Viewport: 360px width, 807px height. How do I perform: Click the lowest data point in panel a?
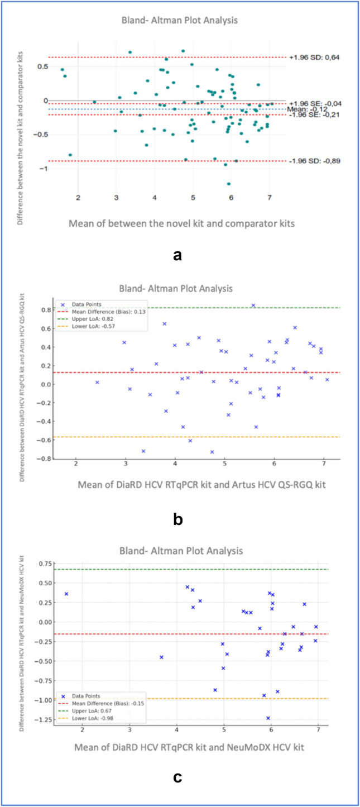228,184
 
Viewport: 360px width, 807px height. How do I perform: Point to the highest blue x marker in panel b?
253,305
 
